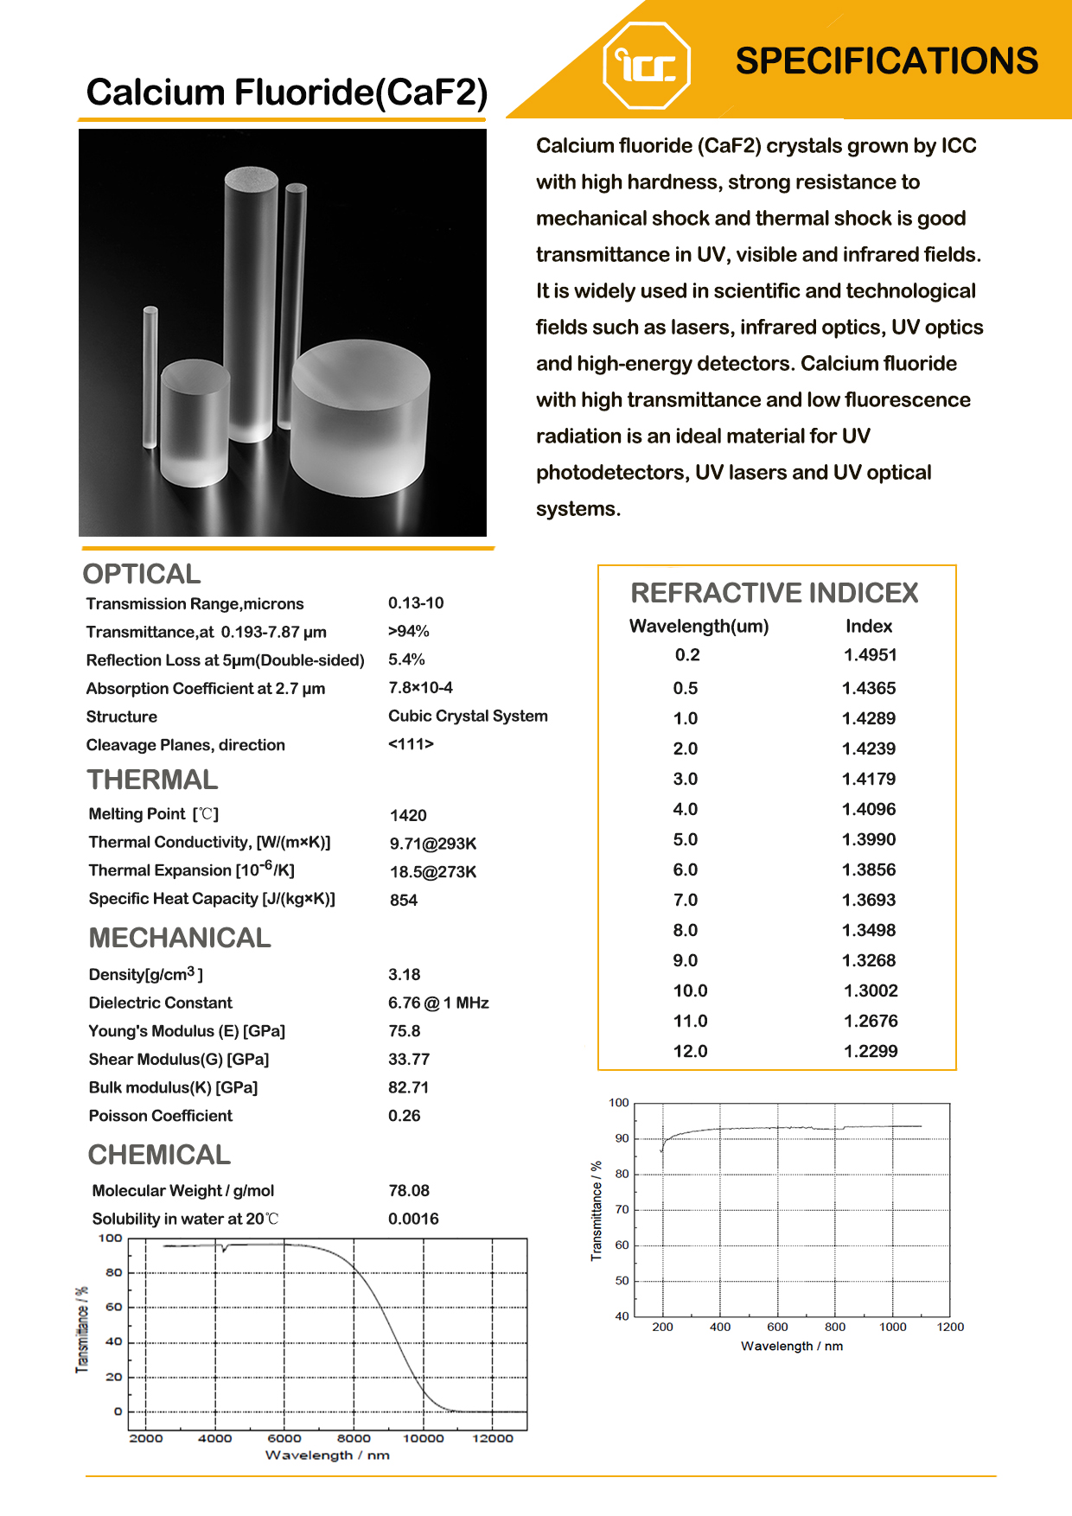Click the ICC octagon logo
[x=647, y=66]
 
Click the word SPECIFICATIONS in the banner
[x=886, y=61]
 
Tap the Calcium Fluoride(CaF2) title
[x=287, y=92]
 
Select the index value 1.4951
[x=870, y=655]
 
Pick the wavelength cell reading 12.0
[x=690, y=1051]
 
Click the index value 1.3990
[x=869, y=839]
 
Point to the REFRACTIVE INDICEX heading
[x=774, y=593]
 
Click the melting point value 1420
[x=408, y=815]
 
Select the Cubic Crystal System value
[x=468, y=716]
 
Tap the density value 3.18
[x=404, y=974]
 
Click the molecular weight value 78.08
[x=409, y=1190]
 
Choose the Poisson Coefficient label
[x=161, y=1116]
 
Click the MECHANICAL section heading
[x=180, y=938]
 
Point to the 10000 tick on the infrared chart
[x=424, y=1438]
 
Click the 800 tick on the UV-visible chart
[x=835, y=1327]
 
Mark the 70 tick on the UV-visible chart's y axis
[x=622, y=1210]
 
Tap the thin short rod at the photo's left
[x=150, y=378]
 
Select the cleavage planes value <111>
[x=411, y=743]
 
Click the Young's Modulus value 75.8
[x=404, y=1031]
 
